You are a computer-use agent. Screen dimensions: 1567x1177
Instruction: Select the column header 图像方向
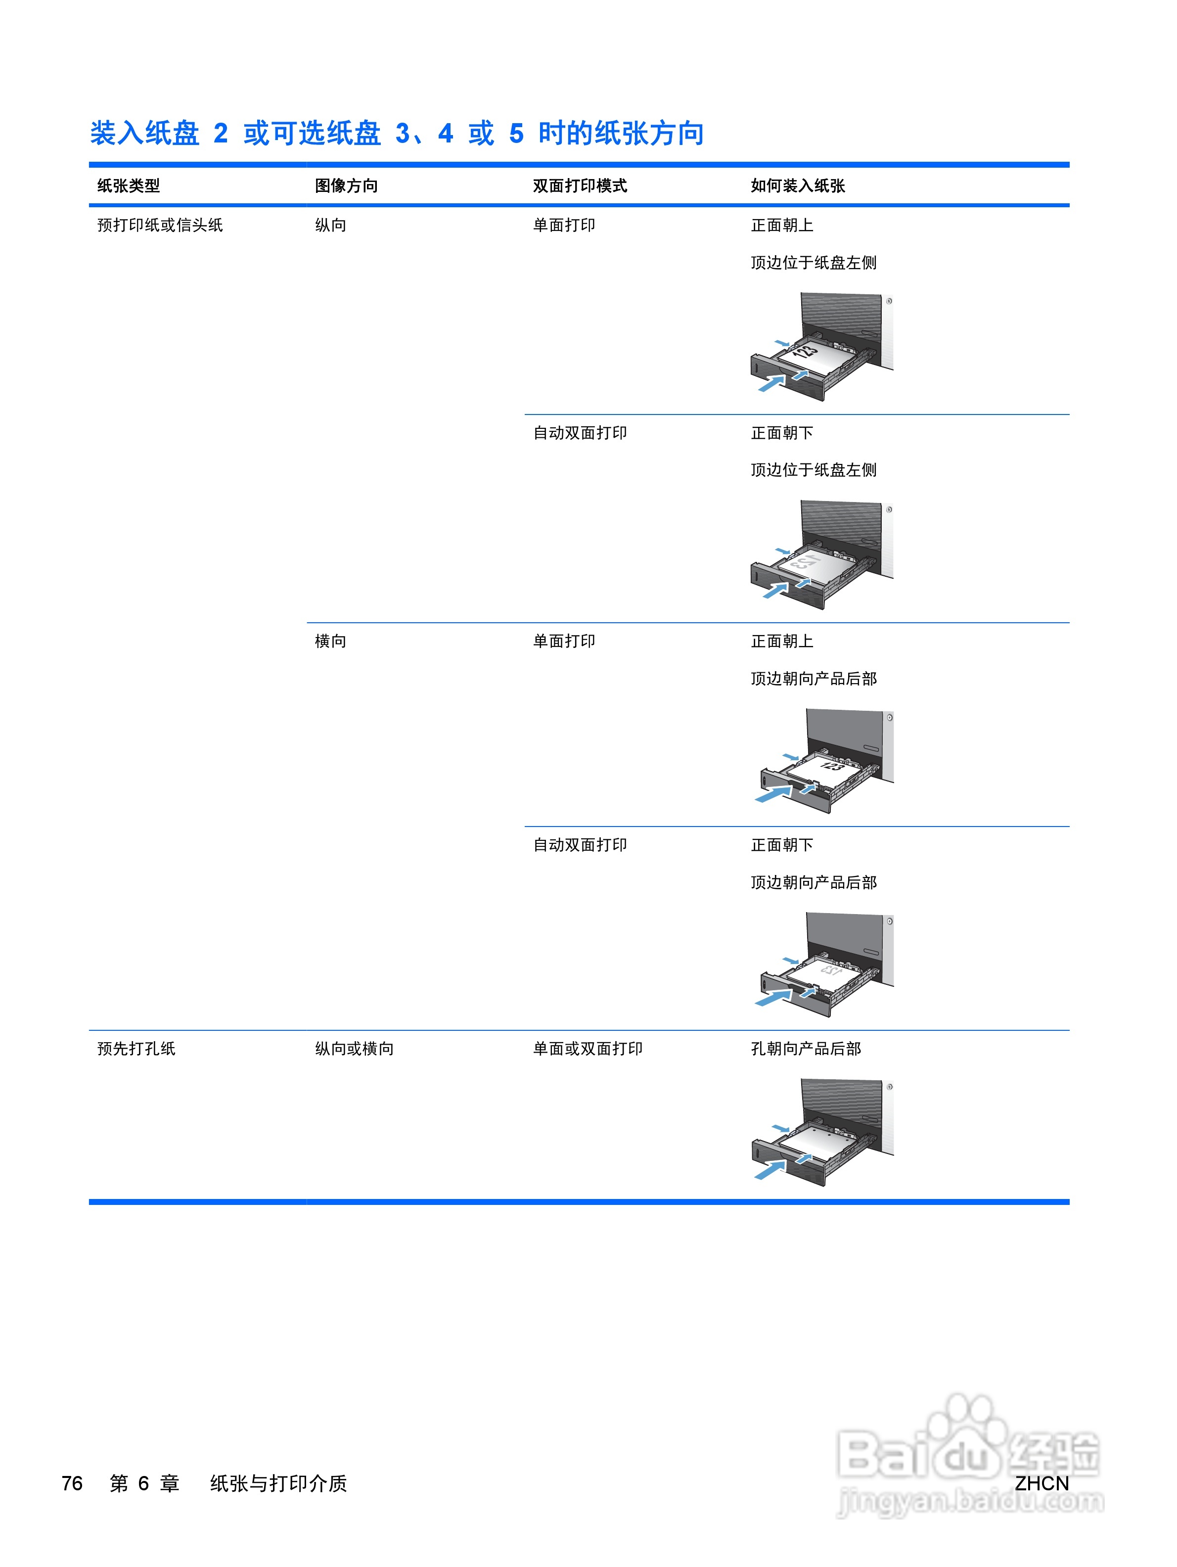click(x=346, y=185)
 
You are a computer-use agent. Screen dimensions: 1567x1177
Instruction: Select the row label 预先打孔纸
click(x=136, y=1049)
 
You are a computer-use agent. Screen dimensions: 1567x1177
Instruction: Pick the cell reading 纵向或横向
click(x=354, y=1049)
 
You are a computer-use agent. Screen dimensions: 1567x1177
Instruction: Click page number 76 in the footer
click(x=72, y=1483)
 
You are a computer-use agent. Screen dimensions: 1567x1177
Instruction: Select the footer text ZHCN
click(x=1041, y=1483)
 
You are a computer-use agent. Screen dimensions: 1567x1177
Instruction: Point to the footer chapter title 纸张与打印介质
click(x=278, y=1483)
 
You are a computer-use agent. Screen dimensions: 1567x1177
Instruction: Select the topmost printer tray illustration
click(x=821, y=346)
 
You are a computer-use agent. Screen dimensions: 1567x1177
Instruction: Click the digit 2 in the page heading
click(x=220, y=133)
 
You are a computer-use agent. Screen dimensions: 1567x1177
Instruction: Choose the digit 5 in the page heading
click(x=516, y=133)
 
